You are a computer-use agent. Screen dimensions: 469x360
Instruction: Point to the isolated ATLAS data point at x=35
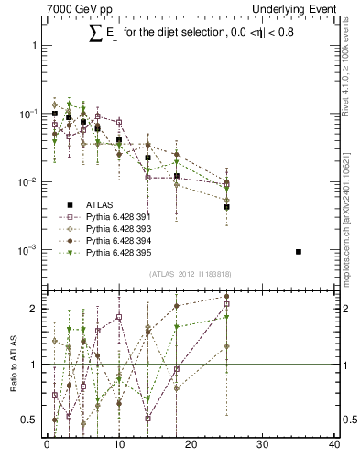point(299,251)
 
